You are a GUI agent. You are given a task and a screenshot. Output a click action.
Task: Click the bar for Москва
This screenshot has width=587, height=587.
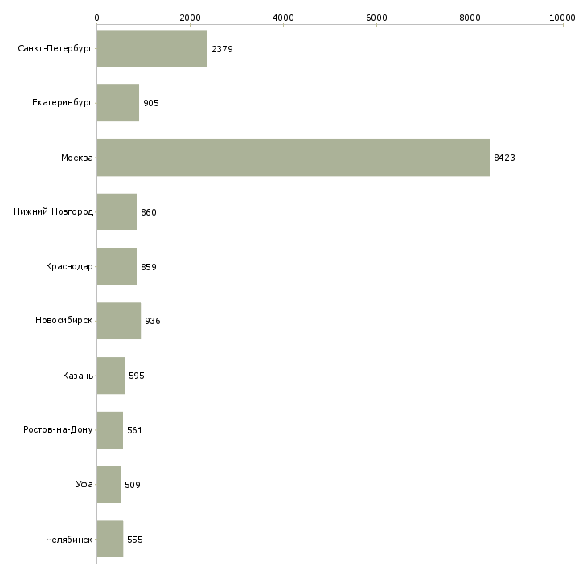[293, 158]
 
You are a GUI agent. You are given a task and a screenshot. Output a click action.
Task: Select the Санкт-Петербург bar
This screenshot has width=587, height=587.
[152, 49]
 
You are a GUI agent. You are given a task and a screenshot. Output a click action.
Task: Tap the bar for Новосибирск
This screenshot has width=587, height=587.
[118, 321]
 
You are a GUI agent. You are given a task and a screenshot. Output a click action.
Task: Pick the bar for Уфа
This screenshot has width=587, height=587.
[109, 485]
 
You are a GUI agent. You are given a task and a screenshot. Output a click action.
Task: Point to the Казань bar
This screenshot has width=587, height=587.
[110, 376]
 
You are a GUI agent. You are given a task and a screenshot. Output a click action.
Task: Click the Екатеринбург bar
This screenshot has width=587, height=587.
[117, 103]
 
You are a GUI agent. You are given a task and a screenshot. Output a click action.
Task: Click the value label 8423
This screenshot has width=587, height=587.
[504, 158]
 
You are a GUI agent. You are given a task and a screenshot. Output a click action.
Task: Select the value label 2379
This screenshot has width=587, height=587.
[222, 50]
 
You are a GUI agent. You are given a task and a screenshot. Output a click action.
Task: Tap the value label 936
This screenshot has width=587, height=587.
[153, 322]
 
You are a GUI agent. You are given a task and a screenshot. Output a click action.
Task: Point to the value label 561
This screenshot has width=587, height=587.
[134, 430]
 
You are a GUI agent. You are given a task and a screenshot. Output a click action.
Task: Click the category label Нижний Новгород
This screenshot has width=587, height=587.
[54, 212]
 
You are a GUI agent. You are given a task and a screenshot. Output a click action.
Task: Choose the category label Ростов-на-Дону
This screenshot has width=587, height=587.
[59, 430]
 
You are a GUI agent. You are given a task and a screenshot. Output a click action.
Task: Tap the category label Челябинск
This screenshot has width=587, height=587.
[69, 540]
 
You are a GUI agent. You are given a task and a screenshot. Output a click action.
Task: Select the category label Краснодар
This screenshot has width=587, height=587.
[69, 267]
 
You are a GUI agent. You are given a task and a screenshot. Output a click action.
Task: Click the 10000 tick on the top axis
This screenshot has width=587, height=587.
[563, 17]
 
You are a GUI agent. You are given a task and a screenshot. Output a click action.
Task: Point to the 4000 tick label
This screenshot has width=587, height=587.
[283, 17]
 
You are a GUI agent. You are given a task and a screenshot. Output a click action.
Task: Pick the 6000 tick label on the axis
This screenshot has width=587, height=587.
[376, 17]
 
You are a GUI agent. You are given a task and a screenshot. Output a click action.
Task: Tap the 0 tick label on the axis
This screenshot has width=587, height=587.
[96, 17]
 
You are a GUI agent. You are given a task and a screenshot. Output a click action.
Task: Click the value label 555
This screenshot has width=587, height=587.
[134, 540]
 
